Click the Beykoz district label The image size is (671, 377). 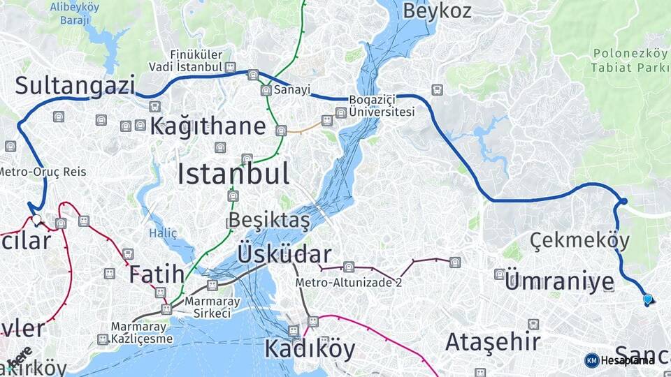tap(438, 10)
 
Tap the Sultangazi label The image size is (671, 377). tap(75, 86)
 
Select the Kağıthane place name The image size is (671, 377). tap(208, 126)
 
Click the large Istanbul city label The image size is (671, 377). tap(233, 173)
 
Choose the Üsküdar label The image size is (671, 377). tap(284, 253)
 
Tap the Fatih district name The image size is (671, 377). tap(157, 274)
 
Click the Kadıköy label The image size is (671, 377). tap(309, 348)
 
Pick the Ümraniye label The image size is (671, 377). tap(559, 282)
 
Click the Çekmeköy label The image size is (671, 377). tap(579, 241)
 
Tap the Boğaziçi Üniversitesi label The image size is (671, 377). tap(382, 106)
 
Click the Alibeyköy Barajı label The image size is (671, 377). tap(75, 14)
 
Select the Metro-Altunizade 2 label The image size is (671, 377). tap(349, 283)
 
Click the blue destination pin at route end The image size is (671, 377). tap(648, 300)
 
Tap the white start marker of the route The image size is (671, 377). tap(36, 219)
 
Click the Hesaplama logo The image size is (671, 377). tap(620, 360)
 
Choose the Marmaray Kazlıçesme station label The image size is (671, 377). tap(141, 332)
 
